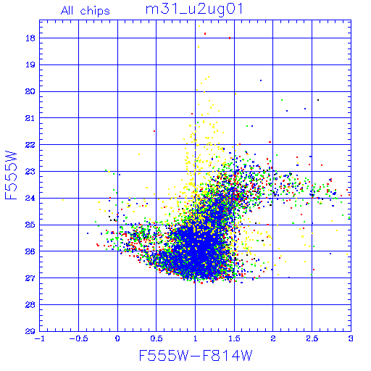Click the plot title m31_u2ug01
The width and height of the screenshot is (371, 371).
194,9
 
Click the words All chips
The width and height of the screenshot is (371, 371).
86,11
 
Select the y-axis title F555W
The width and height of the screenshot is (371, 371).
11,175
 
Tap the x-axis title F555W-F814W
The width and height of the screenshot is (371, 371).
196,355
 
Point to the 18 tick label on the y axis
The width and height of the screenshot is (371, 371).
30,38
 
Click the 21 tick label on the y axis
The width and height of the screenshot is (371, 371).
30,118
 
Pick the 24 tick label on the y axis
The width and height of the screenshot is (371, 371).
30,198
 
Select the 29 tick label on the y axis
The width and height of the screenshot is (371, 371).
30,331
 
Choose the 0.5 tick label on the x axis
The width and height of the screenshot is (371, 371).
157,338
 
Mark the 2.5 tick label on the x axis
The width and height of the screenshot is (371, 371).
312,338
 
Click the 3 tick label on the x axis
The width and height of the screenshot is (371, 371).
351,338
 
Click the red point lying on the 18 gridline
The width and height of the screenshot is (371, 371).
230,38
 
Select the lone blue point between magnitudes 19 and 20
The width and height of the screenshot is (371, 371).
261,80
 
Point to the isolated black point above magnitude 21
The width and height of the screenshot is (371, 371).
318,100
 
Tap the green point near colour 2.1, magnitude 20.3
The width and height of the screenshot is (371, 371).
282,100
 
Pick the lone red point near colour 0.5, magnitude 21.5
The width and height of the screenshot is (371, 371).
154,131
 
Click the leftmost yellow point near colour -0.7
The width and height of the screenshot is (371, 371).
63,200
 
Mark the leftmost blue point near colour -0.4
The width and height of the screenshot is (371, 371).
88,233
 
